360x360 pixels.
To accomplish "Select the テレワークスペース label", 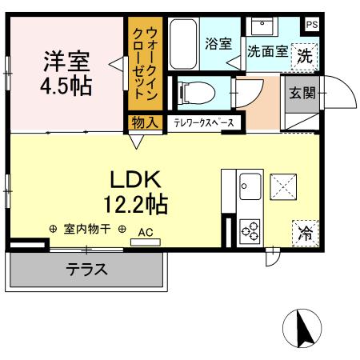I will coord(204,123).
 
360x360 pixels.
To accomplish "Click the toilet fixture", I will coord(190,92).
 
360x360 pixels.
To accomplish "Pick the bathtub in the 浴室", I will coord(183,43).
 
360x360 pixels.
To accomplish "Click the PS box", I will coord(311,25).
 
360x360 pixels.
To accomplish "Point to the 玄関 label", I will coord(302,92).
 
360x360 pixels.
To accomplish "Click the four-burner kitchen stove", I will coord(250,230).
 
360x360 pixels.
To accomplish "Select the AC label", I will coord(145,233).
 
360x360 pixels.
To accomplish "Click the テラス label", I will coord(86,270).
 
